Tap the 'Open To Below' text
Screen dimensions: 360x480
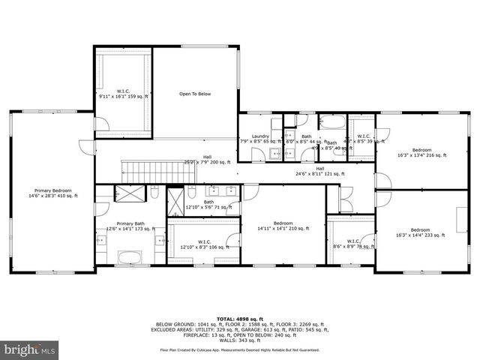coord(195,94)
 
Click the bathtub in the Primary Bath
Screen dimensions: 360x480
coord(131,259)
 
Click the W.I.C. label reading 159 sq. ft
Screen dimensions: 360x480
coord(124,94)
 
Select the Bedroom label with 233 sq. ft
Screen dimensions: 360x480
coord(420,232)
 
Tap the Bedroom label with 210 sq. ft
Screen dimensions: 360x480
coord(283,226)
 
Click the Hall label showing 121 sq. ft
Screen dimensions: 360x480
coord(319,172)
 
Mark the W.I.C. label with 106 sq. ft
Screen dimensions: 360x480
coord(203,244)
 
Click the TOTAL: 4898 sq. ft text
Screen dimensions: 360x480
coord(239,319)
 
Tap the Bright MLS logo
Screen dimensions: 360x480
coord(30,349)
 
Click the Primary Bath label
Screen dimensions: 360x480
coord(130,226)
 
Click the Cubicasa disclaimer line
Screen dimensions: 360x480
coord(239,350)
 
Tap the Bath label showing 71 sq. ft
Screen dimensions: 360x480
coord(208,204)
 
